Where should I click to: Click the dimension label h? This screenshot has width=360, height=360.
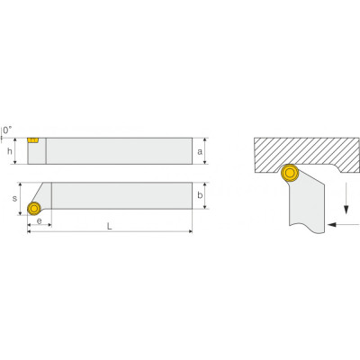(x=10, y=151)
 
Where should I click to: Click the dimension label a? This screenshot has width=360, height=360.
(x=200, y=152)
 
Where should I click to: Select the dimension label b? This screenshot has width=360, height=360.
(x=200, y=195)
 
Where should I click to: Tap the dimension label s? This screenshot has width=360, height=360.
(x=14, y=199)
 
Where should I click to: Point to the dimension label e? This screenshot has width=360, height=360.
(x=39, y=221)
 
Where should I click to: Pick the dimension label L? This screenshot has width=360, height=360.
(x=110, y=226)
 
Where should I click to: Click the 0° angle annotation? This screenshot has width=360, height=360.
(x=7, y=130)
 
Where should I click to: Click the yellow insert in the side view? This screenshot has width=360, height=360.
(x=32, y=140)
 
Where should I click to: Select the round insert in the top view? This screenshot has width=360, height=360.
(x=34, y=208)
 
